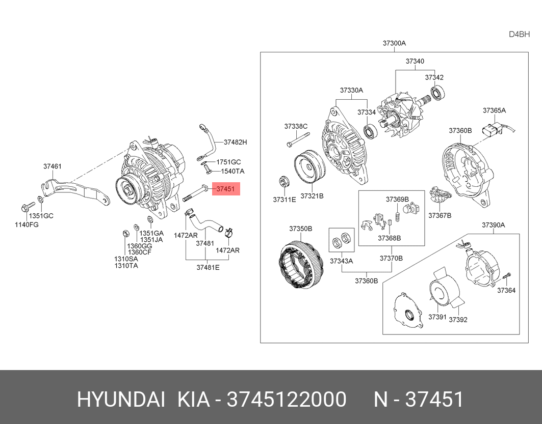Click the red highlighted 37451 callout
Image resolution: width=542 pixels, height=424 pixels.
click(225, 189)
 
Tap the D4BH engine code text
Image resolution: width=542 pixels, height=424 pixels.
click(519, 35)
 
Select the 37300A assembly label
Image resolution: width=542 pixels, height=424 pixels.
click(394, 43)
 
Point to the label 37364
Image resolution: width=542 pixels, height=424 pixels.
click(506, 290)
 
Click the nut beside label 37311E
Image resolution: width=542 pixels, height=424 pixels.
click(283, 182)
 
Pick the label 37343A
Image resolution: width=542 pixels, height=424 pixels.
click(341, 261)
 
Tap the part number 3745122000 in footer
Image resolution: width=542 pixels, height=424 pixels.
click(287, 400)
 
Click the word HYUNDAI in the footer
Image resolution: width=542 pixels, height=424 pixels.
click(120, 400)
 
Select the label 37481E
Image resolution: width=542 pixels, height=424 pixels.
click(208, 267)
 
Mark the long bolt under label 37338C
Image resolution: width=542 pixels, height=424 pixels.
click(298, 139)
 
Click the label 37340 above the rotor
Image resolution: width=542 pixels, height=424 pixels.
click(415, 61)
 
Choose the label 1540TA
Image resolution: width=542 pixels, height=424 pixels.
click(233, 171)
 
